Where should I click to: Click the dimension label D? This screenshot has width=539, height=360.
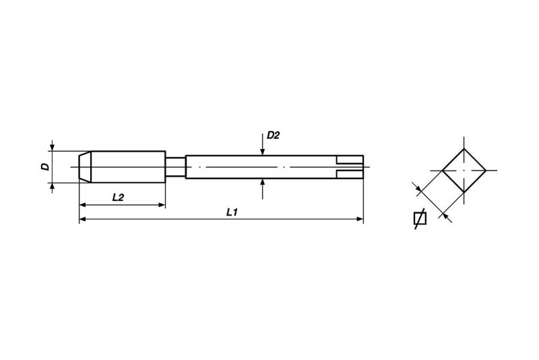click(x=44, y=167)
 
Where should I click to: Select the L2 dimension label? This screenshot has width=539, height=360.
click(x=117, y=197)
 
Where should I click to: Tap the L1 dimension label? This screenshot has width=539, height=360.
click(x=231, y=212)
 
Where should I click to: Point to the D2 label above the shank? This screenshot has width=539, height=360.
click(x=273, y=136)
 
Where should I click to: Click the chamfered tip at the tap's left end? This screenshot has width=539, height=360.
click(x=85, y=167)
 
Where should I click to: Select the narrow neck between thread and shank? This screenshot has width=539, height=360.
click(x=175, y=167)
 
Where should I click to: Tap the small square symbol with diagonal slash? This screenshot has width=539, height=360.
click(x=419, y=219)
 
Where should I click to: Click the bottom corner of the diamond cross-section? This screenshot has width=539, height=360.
click(x=464, y=192)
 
